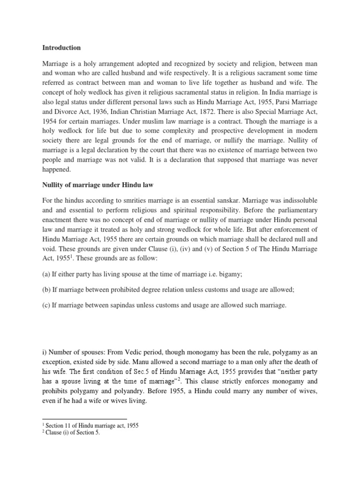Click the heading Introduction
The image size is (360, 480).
(61, 47)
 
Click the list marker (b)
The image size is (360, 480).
(47, 290)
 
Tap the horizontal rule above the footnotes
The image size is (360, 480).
(84, 419)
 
